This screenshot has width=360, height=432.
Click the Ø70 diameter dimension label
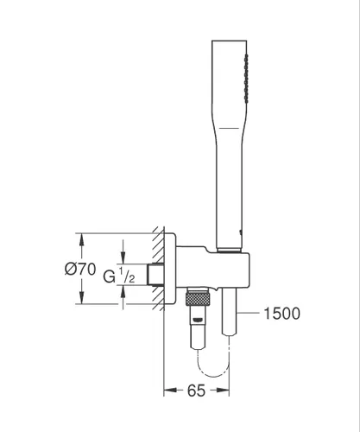point(80,269)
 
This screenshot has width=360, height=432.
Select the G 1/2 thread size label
point(119,276)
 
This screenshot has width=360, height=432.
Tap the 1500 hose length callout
point(281,314)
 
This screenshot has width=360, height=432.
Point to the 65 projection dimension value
point(196,391)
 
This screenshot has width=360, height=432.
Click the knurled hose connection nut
point(197,299)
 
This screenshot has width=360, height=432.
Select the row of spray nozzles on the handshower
point(246,79)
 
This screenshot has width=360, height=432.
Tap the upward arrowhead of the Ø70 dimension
point(82,240)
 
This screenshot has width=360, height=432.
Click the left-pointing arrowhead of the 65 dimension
point(170,391)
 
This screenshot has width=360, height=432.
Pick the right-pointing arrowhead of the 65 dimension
point(223,391)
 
